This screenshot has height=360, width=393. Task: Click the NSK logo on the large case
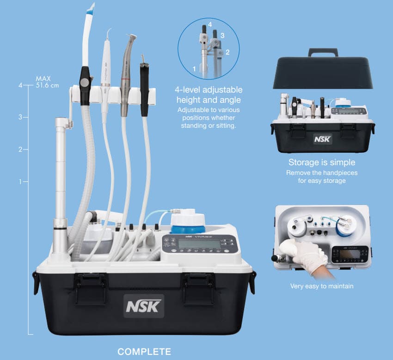143,305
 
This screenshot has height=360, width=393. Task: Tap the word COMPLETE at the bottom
144,352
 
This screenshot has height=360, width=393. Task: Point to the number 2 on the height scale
20,149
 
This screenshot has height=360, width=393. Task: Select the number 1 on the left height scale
20,182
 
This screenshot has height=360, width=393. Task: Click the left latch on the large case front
91,287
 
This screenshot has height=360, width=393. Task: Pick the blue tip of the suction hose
90,8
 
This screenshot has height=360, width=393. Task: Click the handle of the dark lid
323,52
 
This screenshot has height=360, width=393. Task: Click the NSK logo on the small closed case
322,139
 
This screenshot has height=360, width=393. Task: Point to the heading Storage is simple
322,163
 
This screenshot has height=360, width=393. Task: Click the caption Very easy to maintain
322,286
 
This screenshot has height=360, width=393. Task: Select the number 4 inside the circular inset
209,23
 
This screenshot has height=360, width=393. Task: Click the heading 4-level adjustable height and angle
209,94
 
